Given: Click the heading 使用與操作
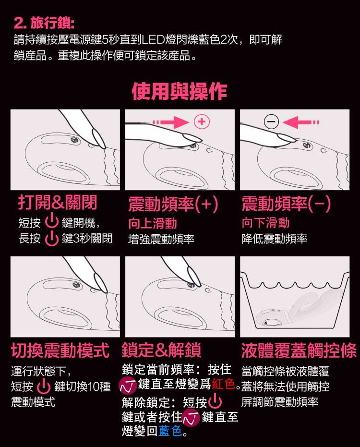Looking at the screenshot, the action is click(180, 91).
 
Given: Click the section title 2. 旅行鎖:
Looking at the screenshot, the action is click(44, 23).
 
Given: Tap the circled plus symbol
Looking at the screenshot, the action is click(202, 122).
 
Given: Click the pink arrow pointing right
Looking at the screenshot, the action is click(170, 122).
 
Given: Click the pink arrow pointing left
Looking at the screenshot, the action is click(301, 122).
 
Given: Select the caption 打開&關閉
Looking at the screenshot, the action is click(58, 203).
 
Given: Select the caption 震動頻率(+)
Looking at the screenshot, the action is click(173, 204).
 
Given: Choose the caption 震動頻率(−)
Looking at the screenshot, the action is click(286, 204).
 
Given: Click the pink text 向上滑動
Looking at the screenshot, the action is click(153, 223).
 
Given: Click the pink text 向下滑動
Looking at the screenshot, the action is click(265, 223).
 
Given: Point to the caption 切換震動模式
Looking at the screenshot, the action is click(60, 350).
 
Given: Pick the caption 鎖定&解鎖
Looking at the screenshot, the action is click(161, 350).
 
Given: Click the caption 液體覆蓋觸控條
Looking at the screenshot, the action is click(299, 350).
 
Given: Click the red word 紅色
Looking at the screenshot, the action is click(223, 384).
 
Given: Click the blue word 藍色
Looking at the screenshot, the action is click(170, 431).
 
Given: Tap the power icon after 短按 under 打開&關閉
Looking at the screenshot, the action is click(52, 222).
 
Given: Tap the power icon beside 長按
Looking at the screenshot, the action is click(52, 238).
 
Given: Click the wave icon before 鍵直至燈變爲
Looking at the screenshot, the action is click(127, 386).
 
